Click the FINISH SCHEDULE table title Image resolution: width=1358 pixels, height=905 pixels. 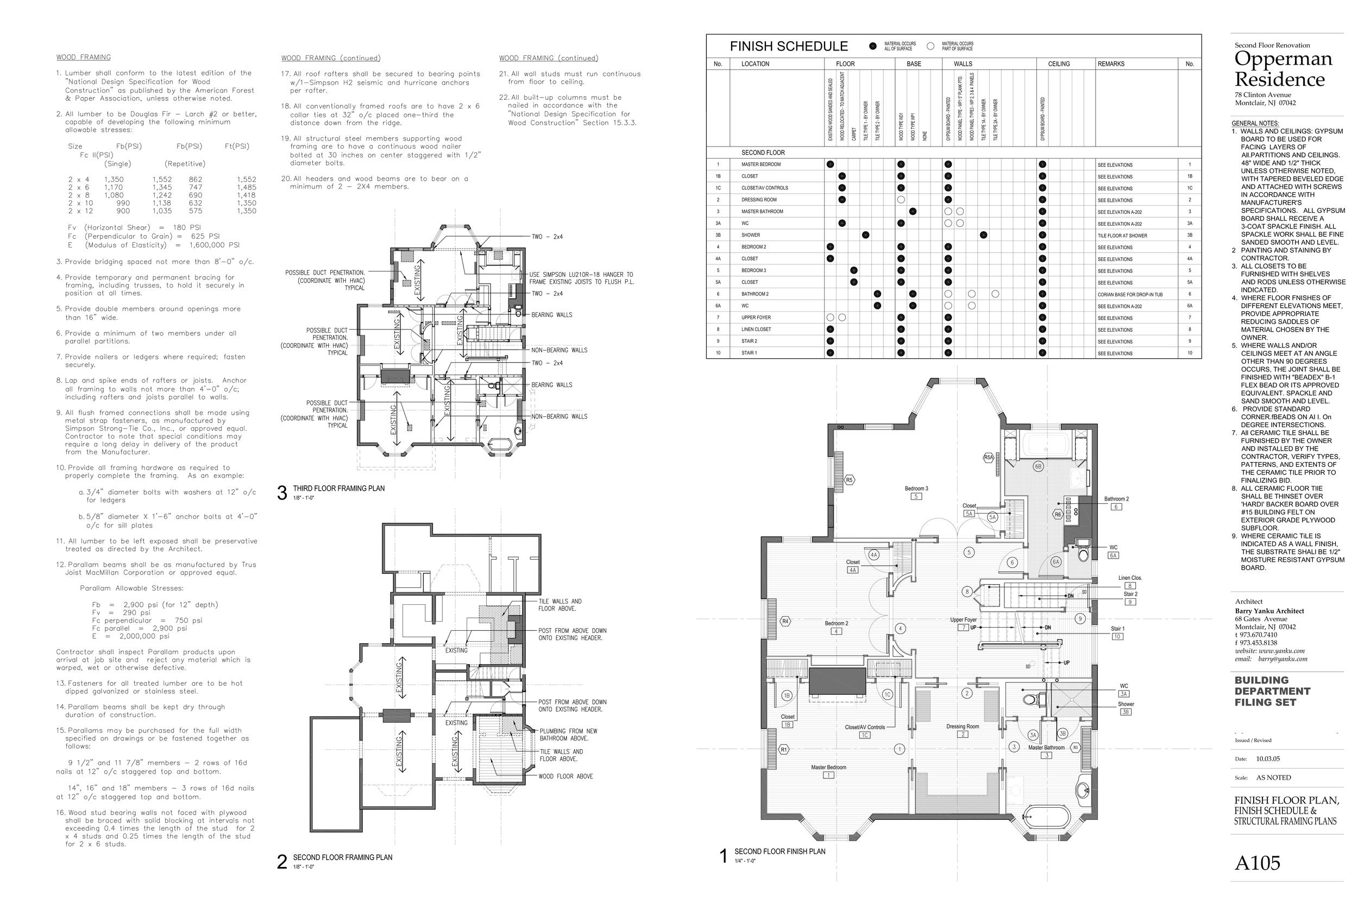point(788,46)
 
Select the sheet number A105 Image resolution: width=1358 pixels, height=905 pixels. point(1257,863)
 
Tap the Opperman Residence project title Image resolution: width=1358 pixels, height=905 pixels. point(1283,69)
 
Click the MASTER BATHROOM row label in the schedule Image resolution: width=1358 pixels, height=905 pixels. point(762,212)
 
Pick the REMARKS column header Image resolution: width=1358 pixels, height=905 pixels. point(1111,64)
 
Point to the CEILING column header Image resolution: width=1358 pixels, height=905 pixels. point(1059,64)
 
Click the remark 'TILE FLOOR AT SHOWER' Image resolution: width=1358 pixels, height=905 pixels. point(1122,236)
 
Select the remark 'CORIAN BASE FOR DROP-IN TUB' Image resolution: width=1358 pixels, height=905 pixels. point(1130,294)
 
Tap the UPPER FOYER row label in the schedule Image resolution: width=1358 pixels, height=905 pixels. point(756,318)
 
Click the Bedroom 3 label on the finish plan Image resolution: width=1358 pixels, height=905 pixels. point(916,489)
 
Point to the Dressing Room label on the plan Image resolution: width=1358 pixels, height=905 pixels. point(963,726)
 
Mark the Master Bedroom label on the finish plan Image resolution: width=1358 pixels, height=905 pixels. point(828,768)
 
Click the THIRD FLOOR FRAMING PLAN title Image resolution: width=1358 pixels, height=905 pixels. point(338,488)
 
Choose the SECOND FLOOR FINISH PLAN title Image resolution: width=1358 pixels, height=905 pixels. point(779,851)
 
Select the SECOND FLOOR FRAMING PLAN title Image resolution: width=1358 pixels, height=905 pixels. point(342,857)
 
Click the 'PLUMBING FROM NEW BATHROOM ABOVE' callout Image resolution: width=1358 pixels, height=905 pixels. point(568,735)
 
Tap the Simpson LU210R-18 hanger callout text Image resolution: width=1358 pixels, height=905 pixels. point(581,278)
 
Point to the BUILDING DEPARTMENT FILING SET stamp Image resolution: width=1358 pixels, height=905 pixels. point(1272,692)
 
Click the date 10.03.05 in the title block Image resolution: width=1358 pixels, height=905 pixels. point(1268,759)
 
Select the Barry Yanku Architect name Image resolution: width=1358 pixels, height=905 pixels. point(1269,611)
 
